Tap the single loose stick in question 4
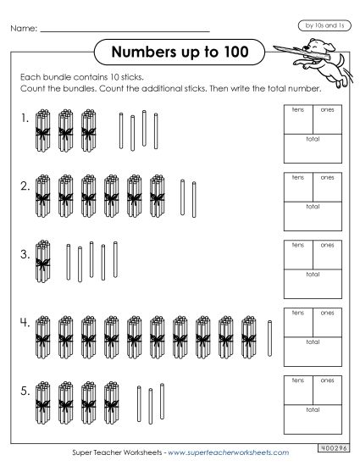(x=270, y=336)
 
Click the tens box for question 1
(x=297, y=119)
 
